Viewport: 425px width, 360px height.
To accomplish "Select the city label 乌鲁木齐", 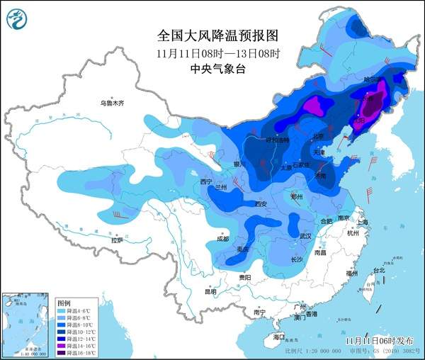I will pyautogui.click(x=111, y=103).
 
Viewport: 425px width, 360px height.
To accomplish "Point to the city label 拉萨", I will pyautogui.click(x=116, y=240).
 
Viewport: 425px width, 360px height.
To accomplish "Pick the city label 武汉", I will pyautogui.click(x=305, y=235).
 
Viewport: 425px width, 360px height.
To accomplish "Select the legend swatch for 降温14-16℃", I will pyautogui.click(x=61, y=345).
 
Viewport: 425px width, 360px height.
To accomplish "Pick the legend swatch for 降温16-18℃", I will pyautogui.click(x=61, y=352).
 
